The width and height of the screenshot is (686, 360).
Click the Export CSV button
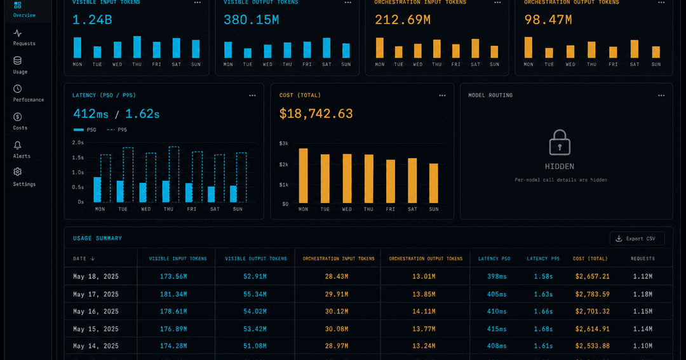pos(637,238)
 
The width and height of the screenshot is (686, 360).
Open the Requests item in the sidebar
pos(24,38)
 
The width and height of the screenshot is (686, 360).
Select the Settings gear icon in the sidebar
pos(18,172)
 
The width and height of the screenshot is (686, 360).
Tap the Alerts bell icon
pos(18,145)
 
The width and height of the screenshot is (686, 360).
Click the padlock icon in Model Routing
pos(560,143)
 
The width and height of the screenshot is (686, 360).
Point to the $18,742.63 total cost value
pos(316,114)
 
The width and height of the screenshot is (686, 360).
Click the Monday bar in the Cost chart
pos(303,176)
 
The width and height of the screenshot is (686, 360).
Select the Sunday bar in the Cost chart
pos(434,183)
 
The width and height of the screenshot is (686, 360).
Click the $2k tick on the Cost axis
pos(284,164)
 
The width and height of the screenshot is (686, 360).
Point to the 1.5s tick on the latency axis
pos(78,157)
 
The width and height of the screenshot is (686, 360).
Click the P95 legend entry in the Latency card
pos(117,130)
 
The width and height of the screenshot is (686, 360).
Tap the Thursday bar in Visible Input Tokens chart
pos(137,47)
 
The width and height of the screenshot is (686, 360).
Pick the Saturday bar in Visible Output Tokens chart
pos(326,48)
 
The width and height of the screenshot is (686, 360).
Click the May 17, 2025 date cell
pos(96,295)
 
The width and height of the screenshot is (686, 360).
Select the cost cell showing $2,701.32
pos(593,312)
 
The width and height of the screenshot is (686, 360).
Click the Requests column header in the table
pos(643,258)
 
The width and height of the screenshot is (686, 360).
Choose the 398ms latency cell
pos(497,276)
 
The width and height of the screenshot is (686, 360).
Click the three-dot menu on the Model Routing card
pos(661,95)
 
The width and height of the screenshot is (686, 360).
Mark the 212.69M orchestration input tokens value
pos(403,20)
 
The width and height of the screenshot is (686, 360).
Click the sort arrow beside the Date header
pos(92,258)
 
